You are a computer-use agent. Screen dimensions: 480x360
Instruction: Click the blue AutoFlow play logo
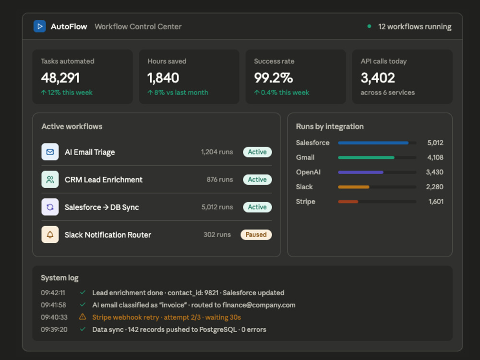point(39,26)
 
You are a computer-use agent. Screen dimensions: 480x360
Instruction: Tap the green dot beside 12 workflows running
point(369,26)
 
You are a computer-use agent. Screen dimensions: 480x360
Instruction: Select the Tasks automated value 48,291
point(60,78)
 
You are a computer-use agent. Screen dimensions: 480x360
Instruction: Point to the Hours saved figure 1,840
point(163,78)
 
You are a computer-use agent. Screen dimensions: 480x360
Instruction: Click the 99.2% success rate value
point(274,78)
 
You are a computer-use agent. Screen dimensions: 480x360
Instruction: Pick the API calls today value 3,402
point(378,78)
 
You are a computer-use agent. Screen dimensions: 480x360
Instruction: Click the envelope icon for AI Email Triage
point(50,152)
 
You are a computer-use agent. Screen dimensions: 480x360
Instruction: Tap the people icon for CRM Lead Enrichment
point(50,180)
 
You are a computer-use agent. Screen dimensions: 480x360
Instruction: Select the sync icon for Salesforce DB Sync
point(50,207)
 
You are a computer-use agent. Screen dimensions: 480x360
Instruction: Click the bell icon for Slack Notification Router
point(50,235)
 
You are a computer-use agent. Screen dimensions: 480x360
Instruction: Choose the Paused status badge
point(256,235)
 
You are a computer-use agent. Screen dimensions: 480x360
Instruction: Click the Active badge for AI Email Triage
point(257,152)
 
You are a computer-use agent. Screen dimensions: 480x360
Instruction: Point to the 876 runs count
point(219,180)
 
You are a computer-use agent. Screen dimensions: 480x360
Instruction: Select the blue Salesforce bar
point(373,143)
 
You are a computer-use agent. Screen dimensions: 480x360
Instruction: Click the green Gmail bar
point(366,157)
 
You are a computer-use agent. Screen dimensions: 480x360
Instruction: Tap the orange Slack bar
point(354,187)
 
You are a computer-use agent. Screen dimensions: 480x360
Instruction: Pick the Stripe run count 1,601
point(436,202)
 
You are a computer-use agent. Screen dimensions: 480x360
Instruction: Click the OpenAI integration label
point(308,172)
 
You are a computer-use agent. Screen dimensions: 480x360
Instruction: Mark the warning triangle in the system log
point(83,317)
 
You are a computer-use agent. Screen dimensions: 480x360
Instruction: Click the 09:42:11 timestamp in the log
point(53,293)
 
